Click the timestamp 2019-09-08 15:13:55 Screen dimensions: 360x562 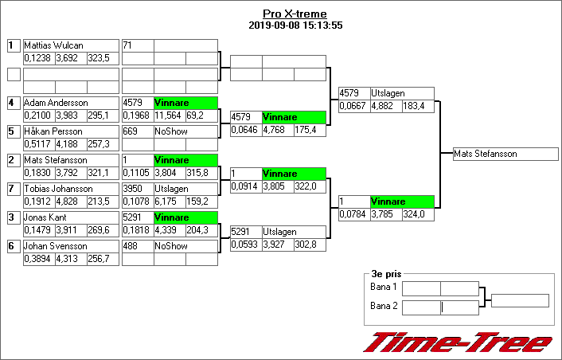[x=295, y=25]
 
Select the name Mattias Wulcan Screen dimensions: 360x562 [x=53, y=46]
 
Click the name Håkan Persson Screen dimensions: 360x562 [x=53, y=132]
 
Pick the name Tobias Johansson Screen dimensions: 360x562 [x=58, y=190]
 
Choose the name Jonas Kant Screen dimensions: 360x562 [x=45, y=218]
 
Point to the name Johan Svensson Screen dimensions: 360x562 [x=54, y=247]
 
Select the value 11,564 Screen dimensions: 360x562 [x=169, y=115]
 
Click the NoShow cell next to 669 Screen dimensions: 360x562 [x=170, y=132]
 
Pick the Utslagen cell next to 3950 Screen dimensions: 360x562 [x=170, y=190]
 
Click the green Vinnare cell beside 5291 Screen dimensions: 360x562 [x=185, y=218]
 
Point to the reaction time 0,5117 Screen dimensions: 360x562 [x=38, y=144]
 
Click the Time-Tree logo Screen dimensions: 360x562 [x=458, y=342]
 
